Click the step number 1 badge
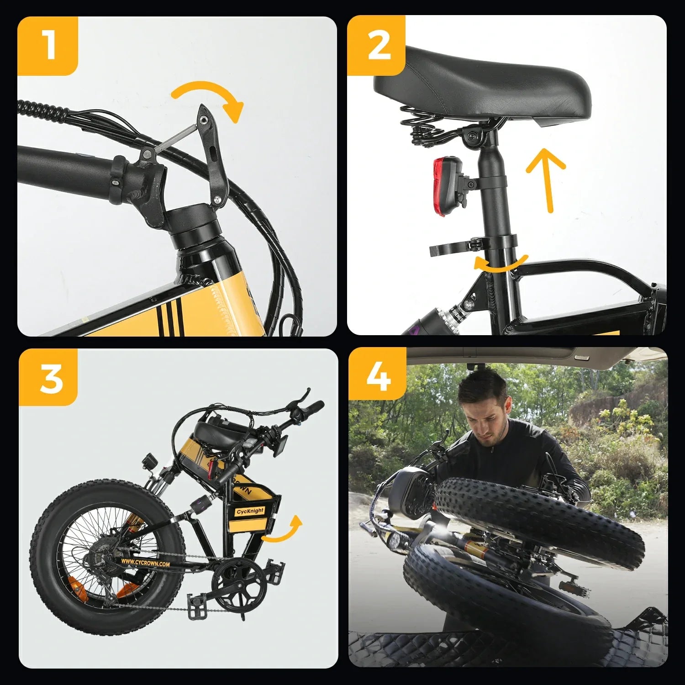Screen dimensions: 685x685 tap(48, 46)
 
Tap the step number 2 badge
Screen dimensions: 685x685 tap(377, 46)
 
